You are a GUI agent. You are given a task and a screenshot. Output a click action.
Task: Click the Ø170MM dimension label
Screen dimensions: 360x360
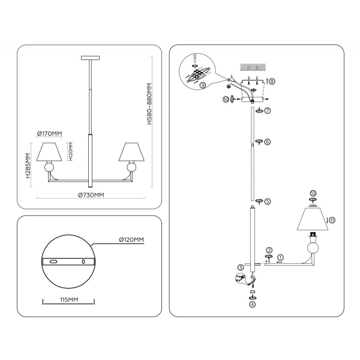(x=50, y=133)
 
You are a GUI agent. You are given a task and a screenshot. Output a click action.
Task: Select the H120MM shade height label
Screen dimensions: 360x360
(x=70, y=152)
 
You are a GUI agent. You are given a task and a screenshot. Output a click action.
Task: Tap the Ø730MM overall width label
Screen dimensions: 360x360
(x=91, y=196)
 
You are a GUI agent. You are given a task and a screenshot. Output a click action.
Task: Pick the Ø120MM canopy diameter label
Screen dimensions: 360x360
(x=131, y=240)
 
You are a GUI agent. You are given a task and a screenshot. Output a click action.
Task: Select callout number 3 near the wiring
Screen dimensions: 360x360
(x=240, y=268)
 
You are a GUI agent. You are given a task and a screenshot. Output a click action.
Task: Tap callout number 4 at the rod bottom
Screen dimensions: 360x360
(x=252, y=304)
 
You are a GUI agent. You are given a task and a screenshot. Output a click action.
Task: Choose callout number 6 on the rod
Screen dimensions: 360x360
(x=268, y=142)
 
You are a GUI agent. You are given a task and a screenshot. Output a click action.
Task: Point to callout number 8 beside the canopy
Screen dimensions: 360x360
(x=272, y=81)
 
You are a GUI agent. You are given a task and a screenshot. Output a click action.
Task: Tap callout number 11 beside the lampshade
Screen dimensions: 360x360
(x=332, y=220)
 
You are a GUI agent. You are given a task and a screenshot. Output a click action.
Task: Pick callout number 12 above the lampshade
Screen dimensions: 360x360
(x=313, y=193)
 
